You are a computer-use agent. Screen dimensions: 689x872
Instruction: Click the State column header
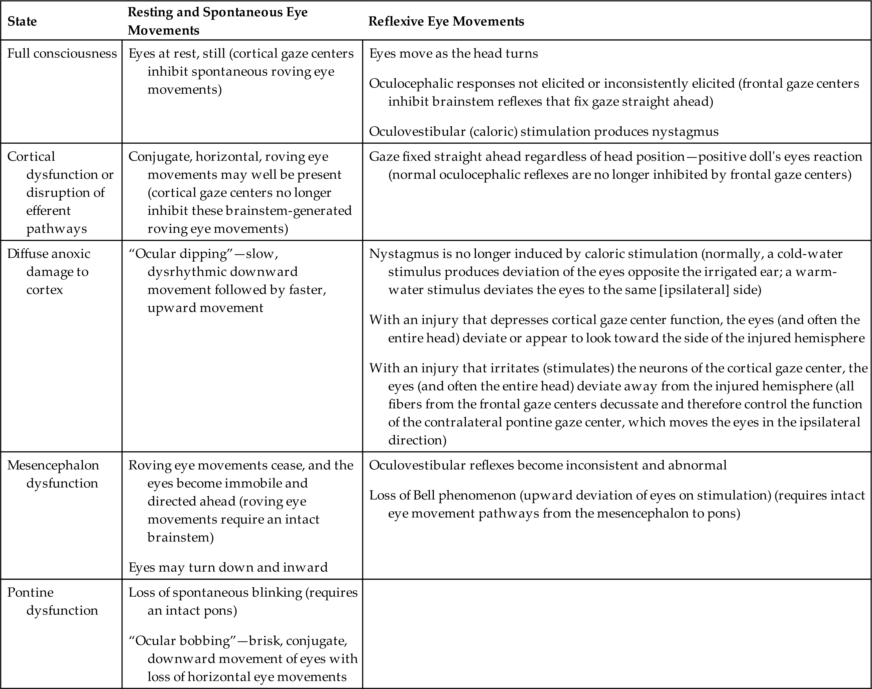coord(22,21)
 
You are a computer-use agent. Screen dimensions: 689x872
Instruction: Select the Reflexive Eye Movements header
coord(446,21)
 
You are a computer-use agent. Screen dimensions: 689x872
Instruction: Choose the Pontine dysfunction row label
coord(52,601)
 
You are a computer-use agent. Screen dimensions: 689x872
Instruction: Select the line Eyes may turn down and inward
coord(228,567)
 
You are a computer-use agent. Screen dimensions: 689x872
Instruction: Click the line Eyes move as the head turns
coord(454,53)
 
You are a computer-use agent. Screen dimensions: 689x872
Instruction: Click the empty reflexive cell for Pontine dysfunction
coord(616,633)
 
